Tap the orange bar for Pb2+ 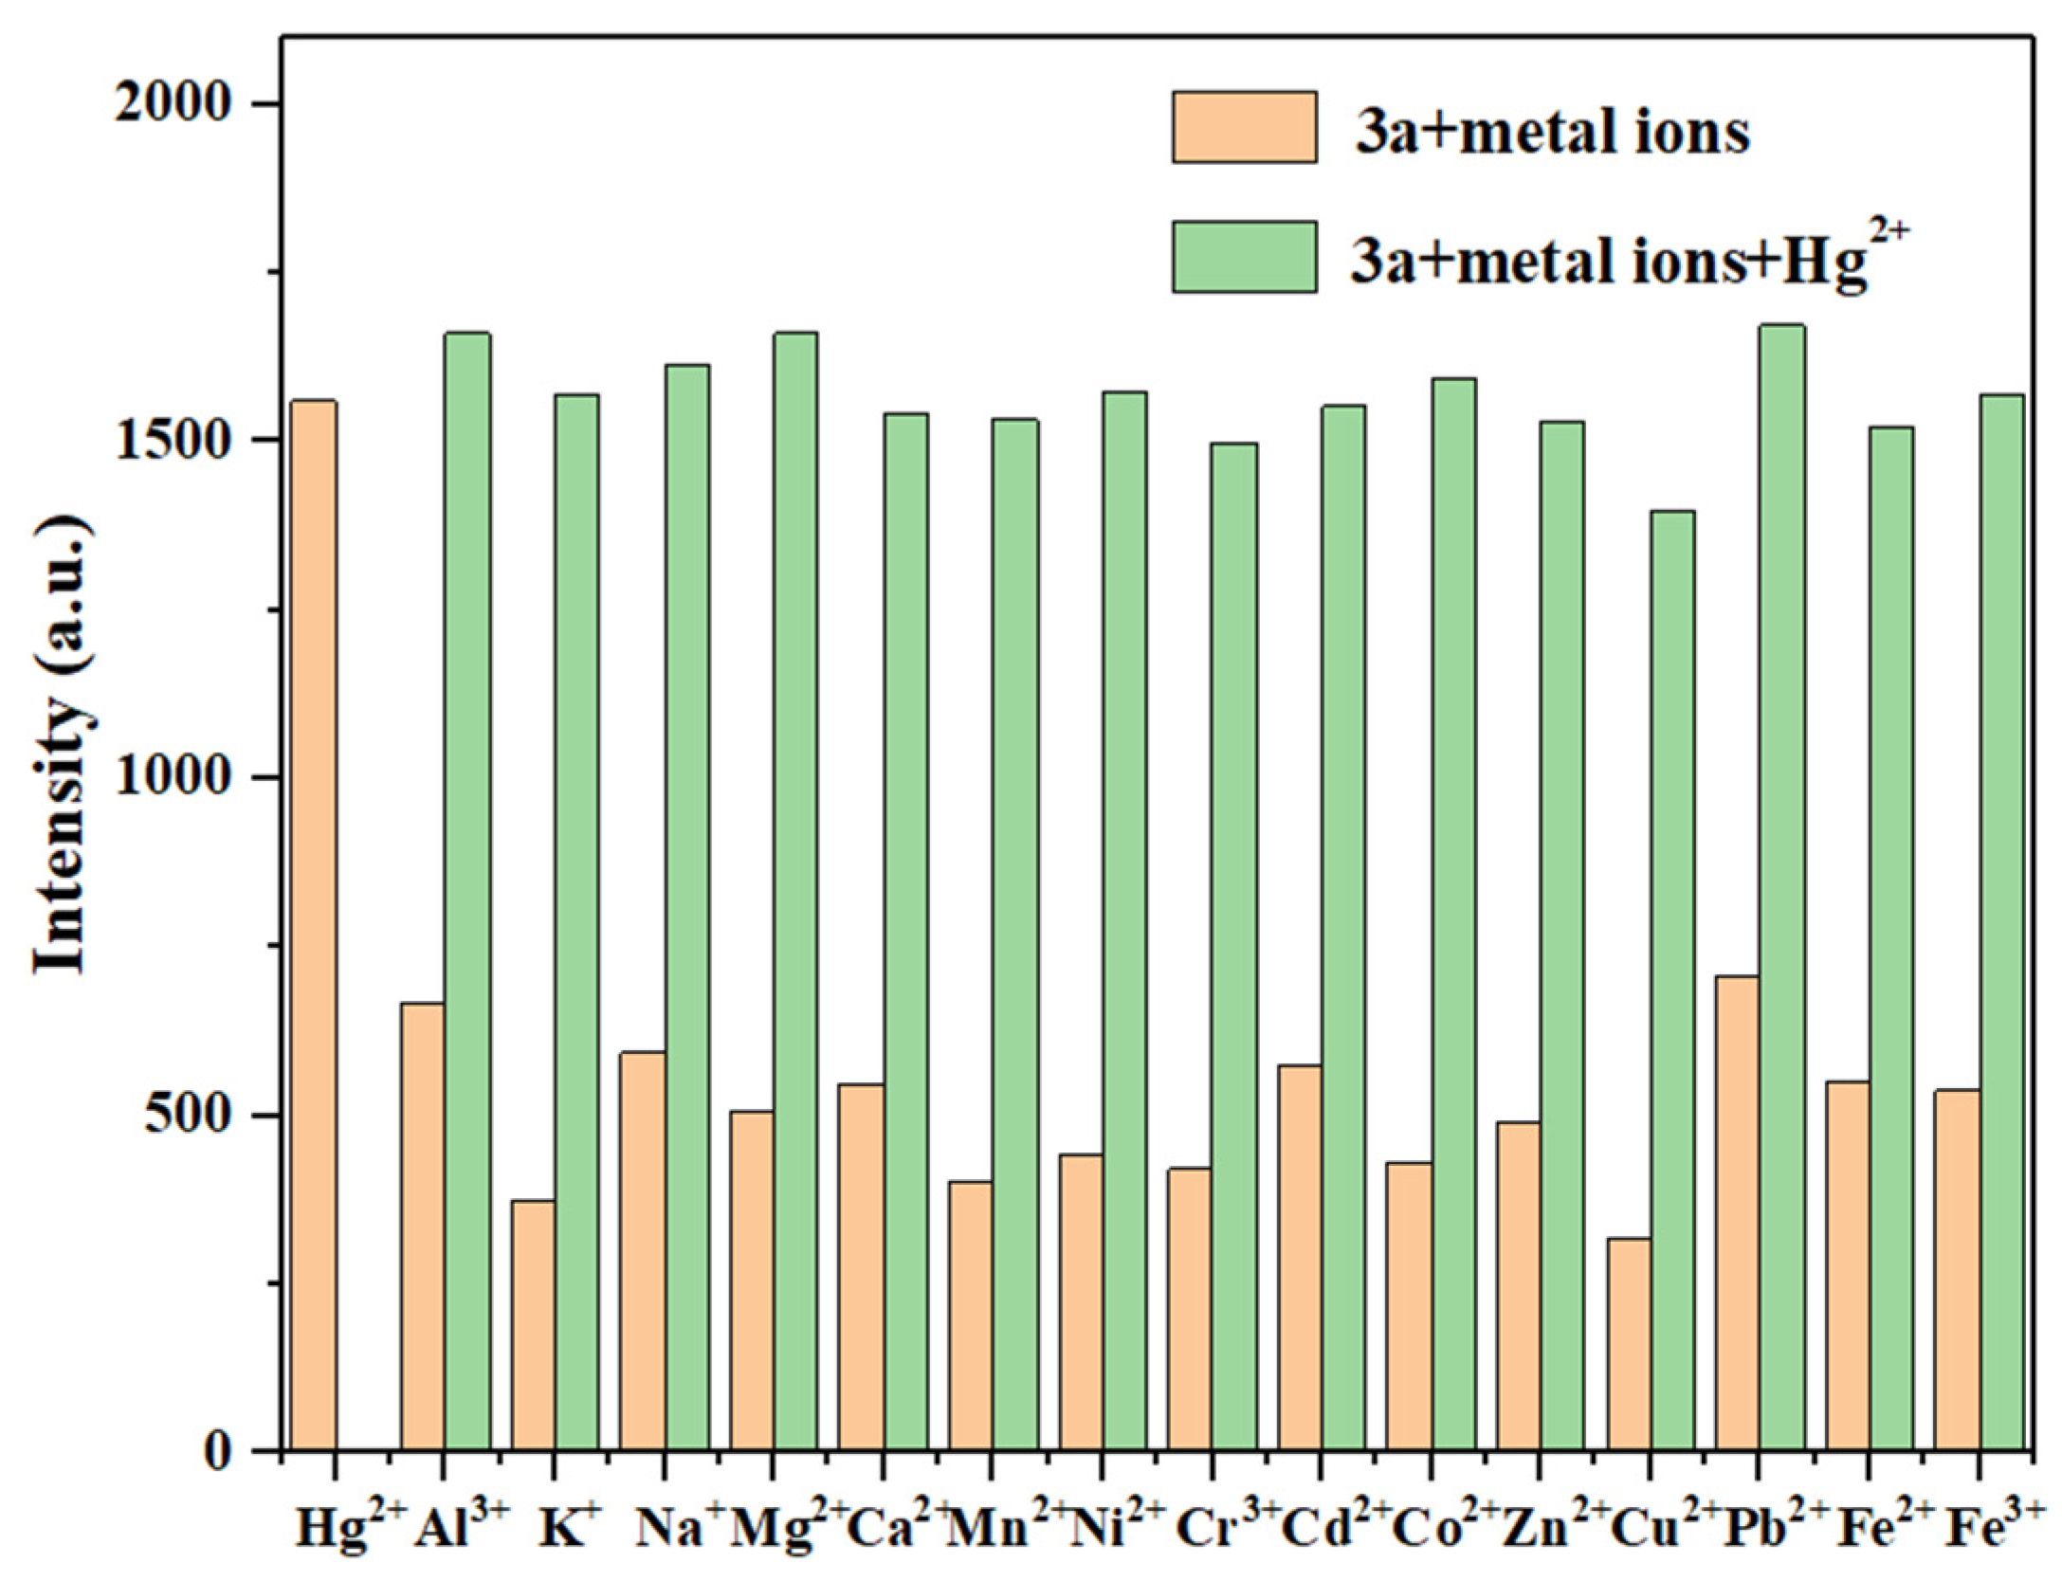point(1738,1213)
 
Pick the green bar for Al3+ point(467,891)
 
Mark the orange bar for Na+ point(643,1251)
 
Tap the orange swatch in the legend point(1244,127)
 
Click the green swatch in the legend point(1244,256)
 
